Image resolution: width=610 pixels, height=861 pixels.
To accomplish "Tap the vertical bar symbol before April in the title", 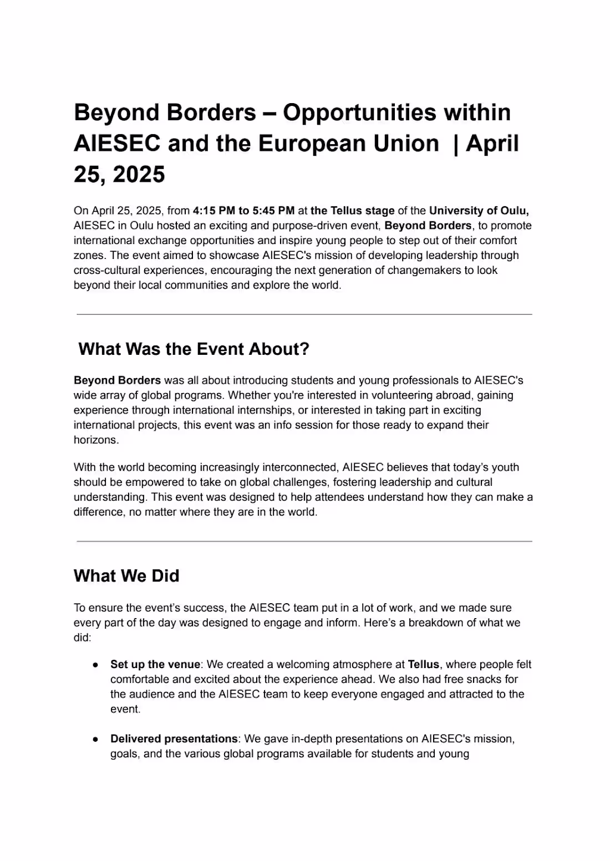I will click(x=456, y=144).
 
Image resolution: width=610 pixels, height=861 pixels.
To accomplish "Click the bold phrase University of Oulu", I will click(x=478, y=211).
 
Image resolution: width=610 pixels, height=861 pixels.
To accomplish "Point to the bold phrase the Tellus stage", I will click(x=353, y=211).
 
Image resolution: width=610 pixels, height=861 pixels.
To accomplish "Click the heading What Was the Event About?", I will click(x=194, y=349).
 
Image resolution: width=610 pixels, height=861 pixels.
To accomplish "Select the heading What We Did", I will click(x=126, y=576).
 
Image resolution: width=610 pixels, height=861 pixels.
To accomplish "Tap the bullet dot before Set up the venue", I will click(x=95, y=665).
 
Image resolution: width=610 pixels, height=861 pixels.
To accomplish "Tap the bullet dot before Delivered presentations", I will click(x=95, y=739).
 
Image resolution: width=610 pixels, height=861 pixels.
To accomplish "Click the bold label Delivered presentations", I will click(x=174, y=739).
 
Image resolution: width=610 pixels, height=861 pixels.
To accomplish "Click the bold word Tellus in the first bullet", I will click(x=424, y=664).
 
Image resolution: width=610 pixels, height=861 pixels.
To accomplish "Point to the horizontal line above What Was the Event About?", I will click(x=304, y=314).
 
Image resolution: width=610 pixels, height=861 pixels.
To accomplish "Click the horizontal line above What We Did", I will click(x=304, y=541).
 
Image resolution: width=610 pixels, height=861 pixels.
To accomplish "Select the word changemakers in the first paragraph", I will click(x=418, y=271).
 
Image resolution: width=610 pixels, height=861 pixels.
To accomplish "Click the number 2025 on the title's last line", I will click(x=139, y=175).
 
